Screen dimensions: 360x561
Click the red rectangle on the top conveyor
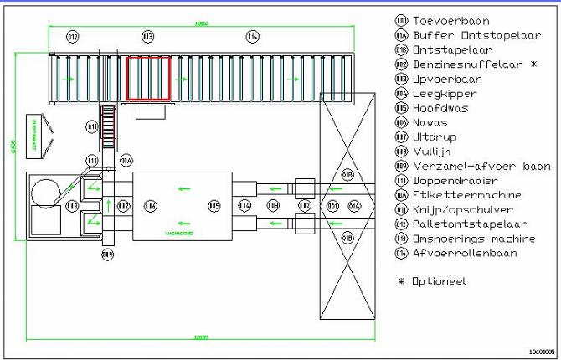(148, 78)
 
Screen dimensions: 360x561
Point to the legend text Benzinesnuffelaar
(462, 64)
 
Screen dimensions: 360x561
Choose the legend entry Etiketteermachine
(463, 195)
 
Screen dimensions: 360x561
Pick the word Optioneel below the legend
(439, 281)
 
